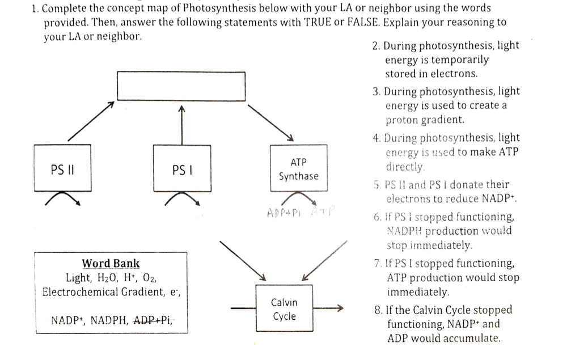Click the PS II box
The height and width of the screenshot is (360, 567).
pos(62,168)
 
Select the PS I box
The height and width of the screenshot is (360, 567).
pos(181,168)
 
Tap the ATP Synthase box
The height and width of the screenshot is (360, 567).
pos(299,169)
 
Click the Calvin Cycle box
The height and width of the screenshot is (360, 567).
pos(284,309)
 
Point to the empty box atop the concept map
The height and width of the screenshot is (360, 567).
pos(181,86)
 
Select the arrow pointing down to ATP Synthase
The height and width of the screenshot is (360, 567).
pos(270,122)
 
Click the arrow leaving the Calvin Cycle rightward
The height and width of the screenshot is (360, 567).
pos(329,309)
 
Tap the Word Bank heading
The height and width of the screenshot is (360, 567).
pos(111,263)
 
